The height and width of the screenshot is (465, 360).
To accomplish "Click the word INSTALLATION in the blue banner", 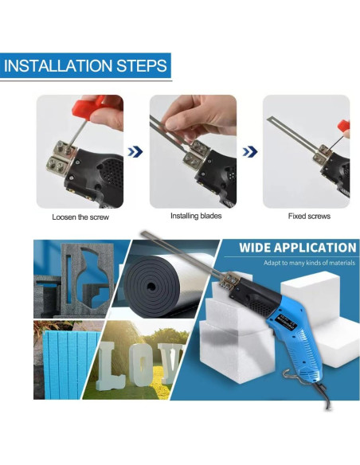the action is pos(58,65).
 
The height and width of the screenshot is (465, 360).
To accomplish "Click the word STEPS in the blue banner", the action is pos(142,65).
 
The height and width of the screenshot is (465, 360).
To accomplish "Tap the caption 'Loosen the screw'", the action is pos(80,217).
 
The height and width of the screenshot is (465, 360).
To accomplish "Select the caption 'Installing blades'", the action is pos(196,216).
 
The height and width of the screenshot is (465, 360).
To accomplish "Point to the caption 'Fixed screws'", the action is pos(309,217).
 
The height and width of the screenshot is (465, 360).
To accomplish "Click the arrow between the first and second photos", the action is pos(135,152).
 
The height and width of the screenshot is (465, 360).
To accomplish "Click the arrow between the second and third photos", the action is pos(250,151).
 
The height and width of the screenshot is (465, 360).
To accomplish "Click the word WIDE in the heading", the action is pos(255,248).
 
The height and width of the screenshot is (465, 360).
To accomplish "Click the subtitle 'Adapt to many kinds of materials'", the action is pos(309,263).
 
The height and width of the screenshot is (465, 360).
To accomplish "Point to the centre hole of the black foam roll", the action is pos(151,287).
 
